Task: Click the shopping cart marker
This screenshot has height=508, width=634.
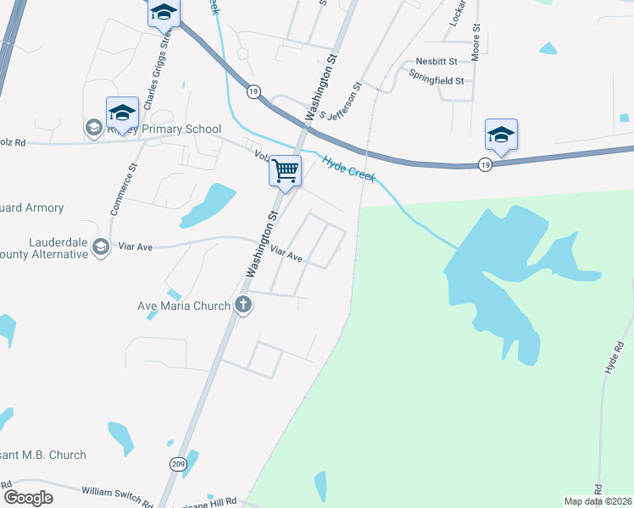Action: pos(286,171)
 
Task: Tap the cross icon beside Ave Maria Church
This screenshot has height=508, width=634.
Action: pos(243,306)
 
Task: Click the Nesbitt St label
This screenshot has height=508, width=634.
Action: pos(436,62)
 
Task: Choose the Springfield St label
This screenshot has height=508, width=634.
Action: pos(436,81)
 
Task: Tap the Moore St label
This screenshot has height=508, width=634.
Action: pos(476,38)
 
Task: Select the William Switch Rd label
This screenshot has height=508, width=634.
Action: pos(116,492)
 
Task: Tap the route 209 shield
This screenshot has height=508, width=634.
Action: pos(178,463)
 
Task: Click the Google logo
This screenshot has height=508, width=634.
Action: pos(28,498)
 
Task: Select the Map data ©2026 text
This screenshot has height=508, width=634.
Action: pos(597,501)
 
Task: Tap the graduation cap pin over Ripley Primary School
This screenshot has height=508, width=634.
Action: pos(122,113)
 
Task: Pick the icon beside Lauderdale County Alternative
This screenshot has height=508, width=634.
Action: pos(101,246)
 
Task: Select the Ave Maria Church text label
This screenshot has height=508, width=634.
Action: pos(184,306)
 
